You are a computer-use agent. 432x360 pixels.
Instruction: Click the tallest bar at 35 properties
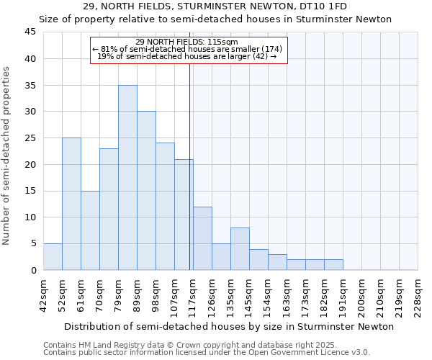click(x=127, y=178)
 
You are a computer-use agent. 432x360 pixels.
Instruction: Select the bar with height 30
click(x=146, y=191)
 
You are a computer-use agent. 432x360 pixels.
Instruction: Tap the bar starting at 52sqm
click(x=71, y=204)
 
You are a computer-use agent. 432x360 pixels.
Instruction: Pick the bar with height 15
click(x=90, y=230)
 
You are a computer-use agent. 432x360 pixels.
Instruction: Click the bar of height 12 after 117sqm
click(x=202, y=238)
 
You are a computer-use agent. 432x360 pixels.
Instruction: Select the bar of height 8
click(x=240, y=249)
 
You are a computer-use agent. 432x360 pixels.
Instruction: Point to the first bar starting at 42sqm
click(x=53, y=257)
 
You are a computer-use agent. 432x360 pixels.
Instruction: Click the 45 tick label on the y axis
click(x=30, y=32)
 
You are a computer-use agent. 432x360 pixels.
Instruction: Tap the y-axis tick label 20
click(x=30, y=164)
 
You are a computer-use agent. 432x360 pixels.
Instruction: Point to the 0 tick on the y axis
click(x=33, y=270)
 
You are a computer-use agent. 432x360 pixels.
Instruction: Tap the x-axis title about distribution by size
click(x=228, y=326)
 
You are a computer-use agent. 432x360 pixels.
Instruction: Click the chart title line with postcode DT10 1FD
click(x=216, y=6)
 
